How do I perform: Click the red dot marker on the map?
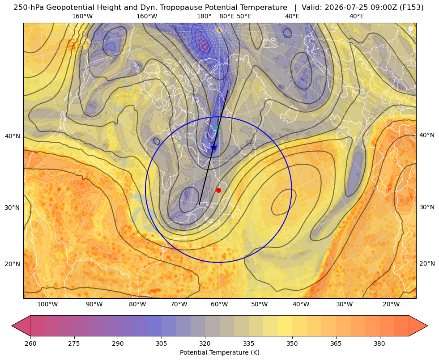tap(219, 190)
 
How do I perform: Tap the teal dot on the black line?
tap(218, 128)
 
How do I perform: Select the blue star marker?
tap(213, 147)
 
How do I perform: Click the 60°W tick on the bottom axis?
tap(219, 305)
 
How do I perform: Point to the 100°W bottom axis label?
tap(47, 305)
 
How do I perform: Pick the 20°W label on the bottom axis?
tap(391, 305)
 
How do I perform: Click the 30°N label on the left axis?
tap(13, 208)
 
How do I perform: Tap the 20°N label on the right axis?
tap(427, 263)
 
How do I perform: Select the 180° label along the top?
tap(205, 16)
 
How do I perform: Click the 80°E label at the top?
tap(227, 16)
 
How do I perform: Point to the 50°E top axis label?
tap(244, 16)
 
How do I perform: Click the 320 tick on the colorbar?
tap(205, 343)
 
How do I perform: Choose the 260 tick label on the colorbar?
tap(30, 343)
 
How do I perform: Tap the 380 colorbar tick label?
tap(379, 343)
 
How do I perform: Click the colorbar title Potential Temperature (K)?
tap(220, 352)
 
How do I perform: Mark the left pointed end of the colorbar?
tap(12, 326)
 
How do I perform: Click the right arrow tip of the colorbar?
tap(427, 326)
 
